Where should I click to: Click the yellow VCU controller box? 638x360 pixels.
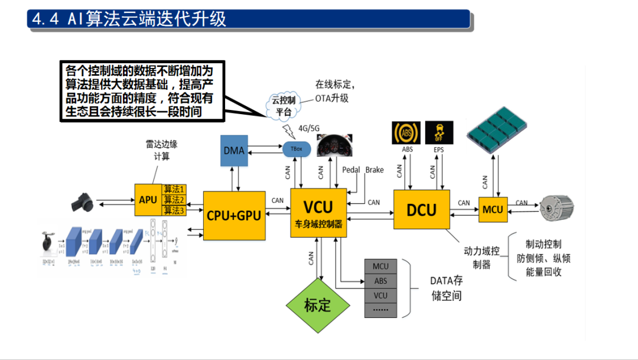pyautogui.click(x=318, y=213)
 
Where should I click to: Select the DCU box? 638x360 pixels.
pyautogui.click(x=421, y=209)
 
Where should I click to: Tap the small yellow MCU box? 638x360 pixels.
pyautogui.click(x=493, y=209)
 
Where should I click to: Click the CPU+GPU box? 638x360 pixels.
pyautogui.click(x=233, y=215)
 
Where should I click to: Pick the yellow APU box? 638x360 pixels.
pyautogui.click(x=148, y=200)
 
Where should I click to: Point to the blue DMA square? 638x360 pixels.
pyautogui.click(x=234, y=150)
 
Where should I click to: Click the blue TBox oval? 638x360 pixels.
pyautogui.click(x=297, y=149)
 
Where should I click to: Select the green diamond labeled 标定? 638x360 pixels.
pyautogui.click(x=317, y=305)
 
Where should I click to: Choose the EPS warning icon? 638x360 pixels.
pyautogui.click(x=439, y=132)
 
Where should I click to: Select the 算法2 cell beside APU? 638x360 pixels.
pyautogui.click(x=174, y=200)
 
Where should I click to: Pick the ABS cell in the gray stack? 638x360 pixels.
pyautogui.click(x=380, y=281)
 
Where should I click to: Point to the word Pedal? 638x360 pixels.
pyautogui.click(x=351, y=170)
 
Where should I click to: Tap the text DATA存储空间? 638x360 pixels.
pyautogui.click(x=446, y=288)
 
